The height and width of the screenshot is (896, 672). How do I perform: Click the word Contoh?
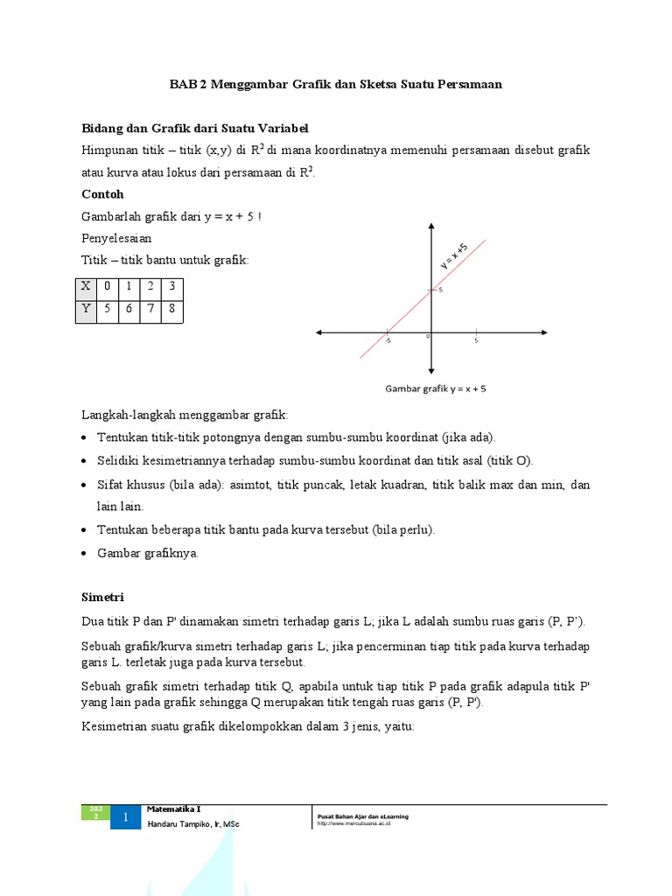102,194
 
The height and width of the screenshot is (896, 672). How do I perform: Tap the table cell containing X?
85,287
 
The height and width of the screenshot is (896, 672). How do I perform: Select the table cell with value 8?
171,310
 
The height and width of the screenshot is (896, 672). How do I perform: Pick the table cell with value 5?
107,310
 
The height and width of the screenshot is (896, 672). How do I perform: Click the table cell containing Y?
85,310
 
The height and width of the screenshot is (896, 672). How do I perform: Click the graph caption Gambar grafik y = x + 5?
436,388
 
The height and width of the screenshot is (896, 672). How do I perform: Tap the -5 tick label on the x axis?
387,341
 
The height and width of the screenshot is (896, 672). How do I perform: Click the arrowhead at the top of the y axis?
431,227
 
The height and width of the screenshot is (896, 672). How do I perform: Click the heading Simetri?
103,597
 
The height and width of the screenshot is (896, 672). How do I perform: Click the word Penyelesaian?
116,238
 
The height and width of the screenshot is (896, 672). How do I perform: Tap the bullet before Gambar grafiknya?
84,554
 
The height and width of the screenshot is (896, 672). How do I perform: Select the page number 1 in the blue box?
125,817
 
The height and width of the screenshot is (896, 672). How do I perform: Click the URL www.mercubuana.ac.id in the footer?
354,823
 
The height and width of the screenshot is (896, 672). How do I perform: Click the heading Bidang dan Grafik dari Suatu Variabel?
195,128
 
